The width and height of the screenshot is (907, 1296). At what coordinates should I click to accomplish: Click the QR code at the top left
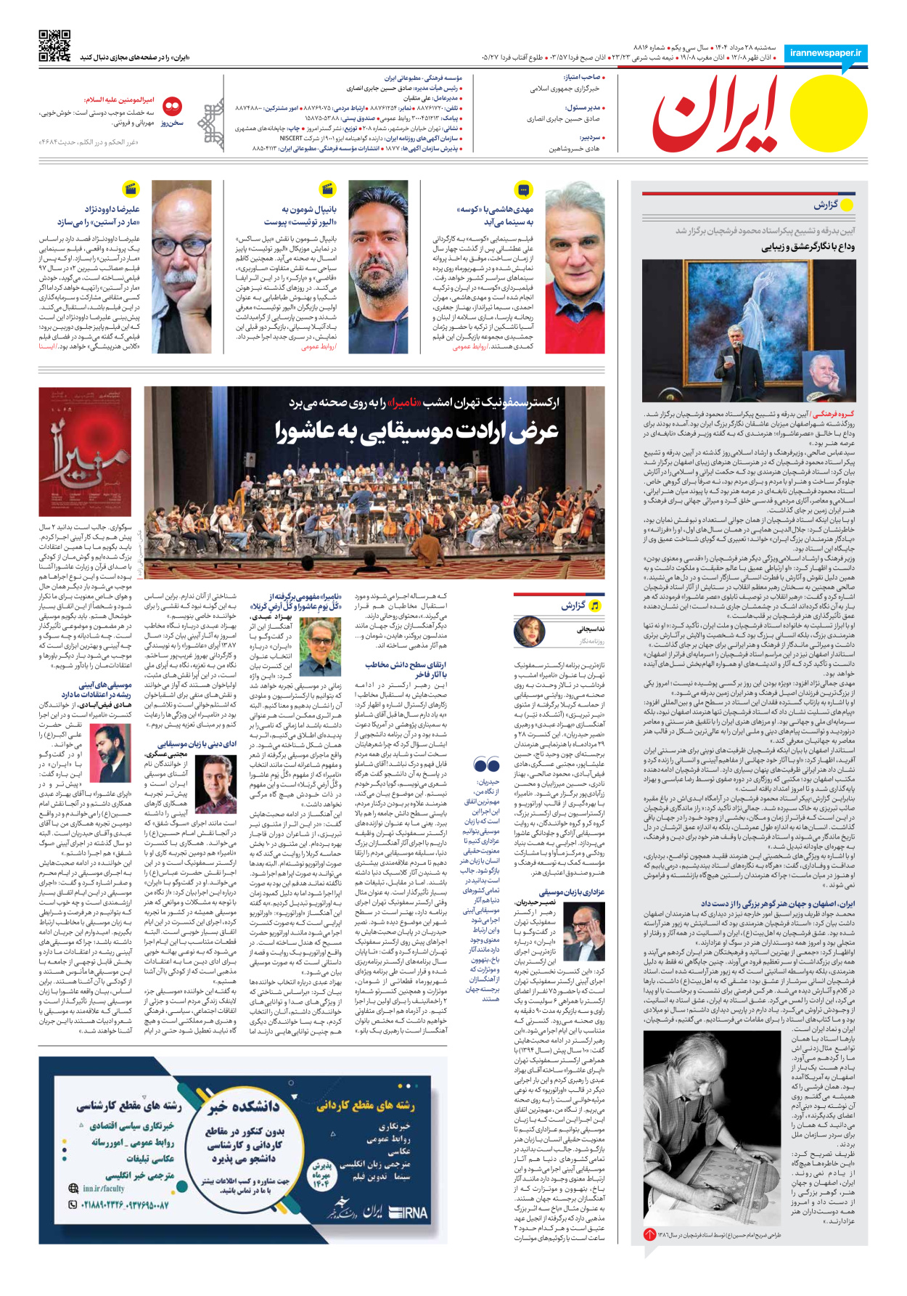coord(54,46)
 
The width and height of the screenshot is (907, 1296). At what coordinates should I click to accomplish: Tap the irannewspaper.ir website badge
coord(826,53)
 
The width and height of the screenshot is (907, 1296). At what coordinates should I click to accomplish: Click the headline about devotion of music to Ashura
coord(416,431)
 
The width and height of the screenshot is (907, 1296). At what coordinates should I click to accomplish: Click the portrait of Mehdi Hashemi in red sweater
coord(575,266)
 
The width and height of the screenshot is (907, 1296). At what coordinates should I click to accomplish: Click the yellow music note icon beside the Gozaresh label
coord(595,606)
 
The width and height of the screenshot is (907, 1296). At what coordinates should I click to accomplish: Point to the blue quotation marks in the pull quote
coord(486,765)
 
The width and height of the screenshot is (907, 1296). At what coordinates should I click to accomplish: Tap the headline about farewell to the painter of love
coord(808,247)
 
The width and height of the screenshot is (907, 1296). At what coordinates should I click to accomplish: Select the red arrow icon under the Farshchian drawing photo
coord(649,1234)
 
